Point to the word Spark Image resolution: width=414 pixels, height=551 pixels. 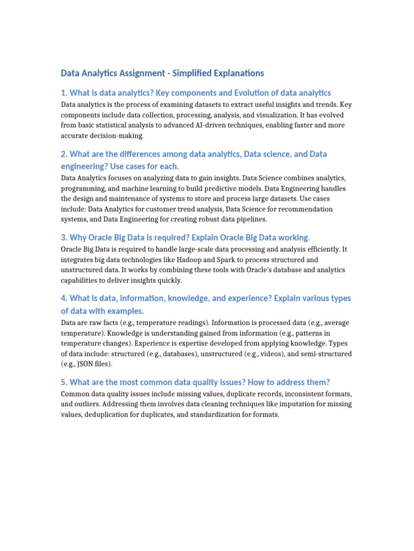[225, 260]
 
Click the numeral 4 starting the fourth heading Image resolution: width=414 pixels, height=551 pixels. [63, 298]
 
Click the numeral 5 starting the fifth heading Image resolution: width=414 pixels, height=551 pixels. [63, 382]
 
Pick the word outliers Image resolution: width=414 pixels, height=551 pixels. [88, 405]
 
